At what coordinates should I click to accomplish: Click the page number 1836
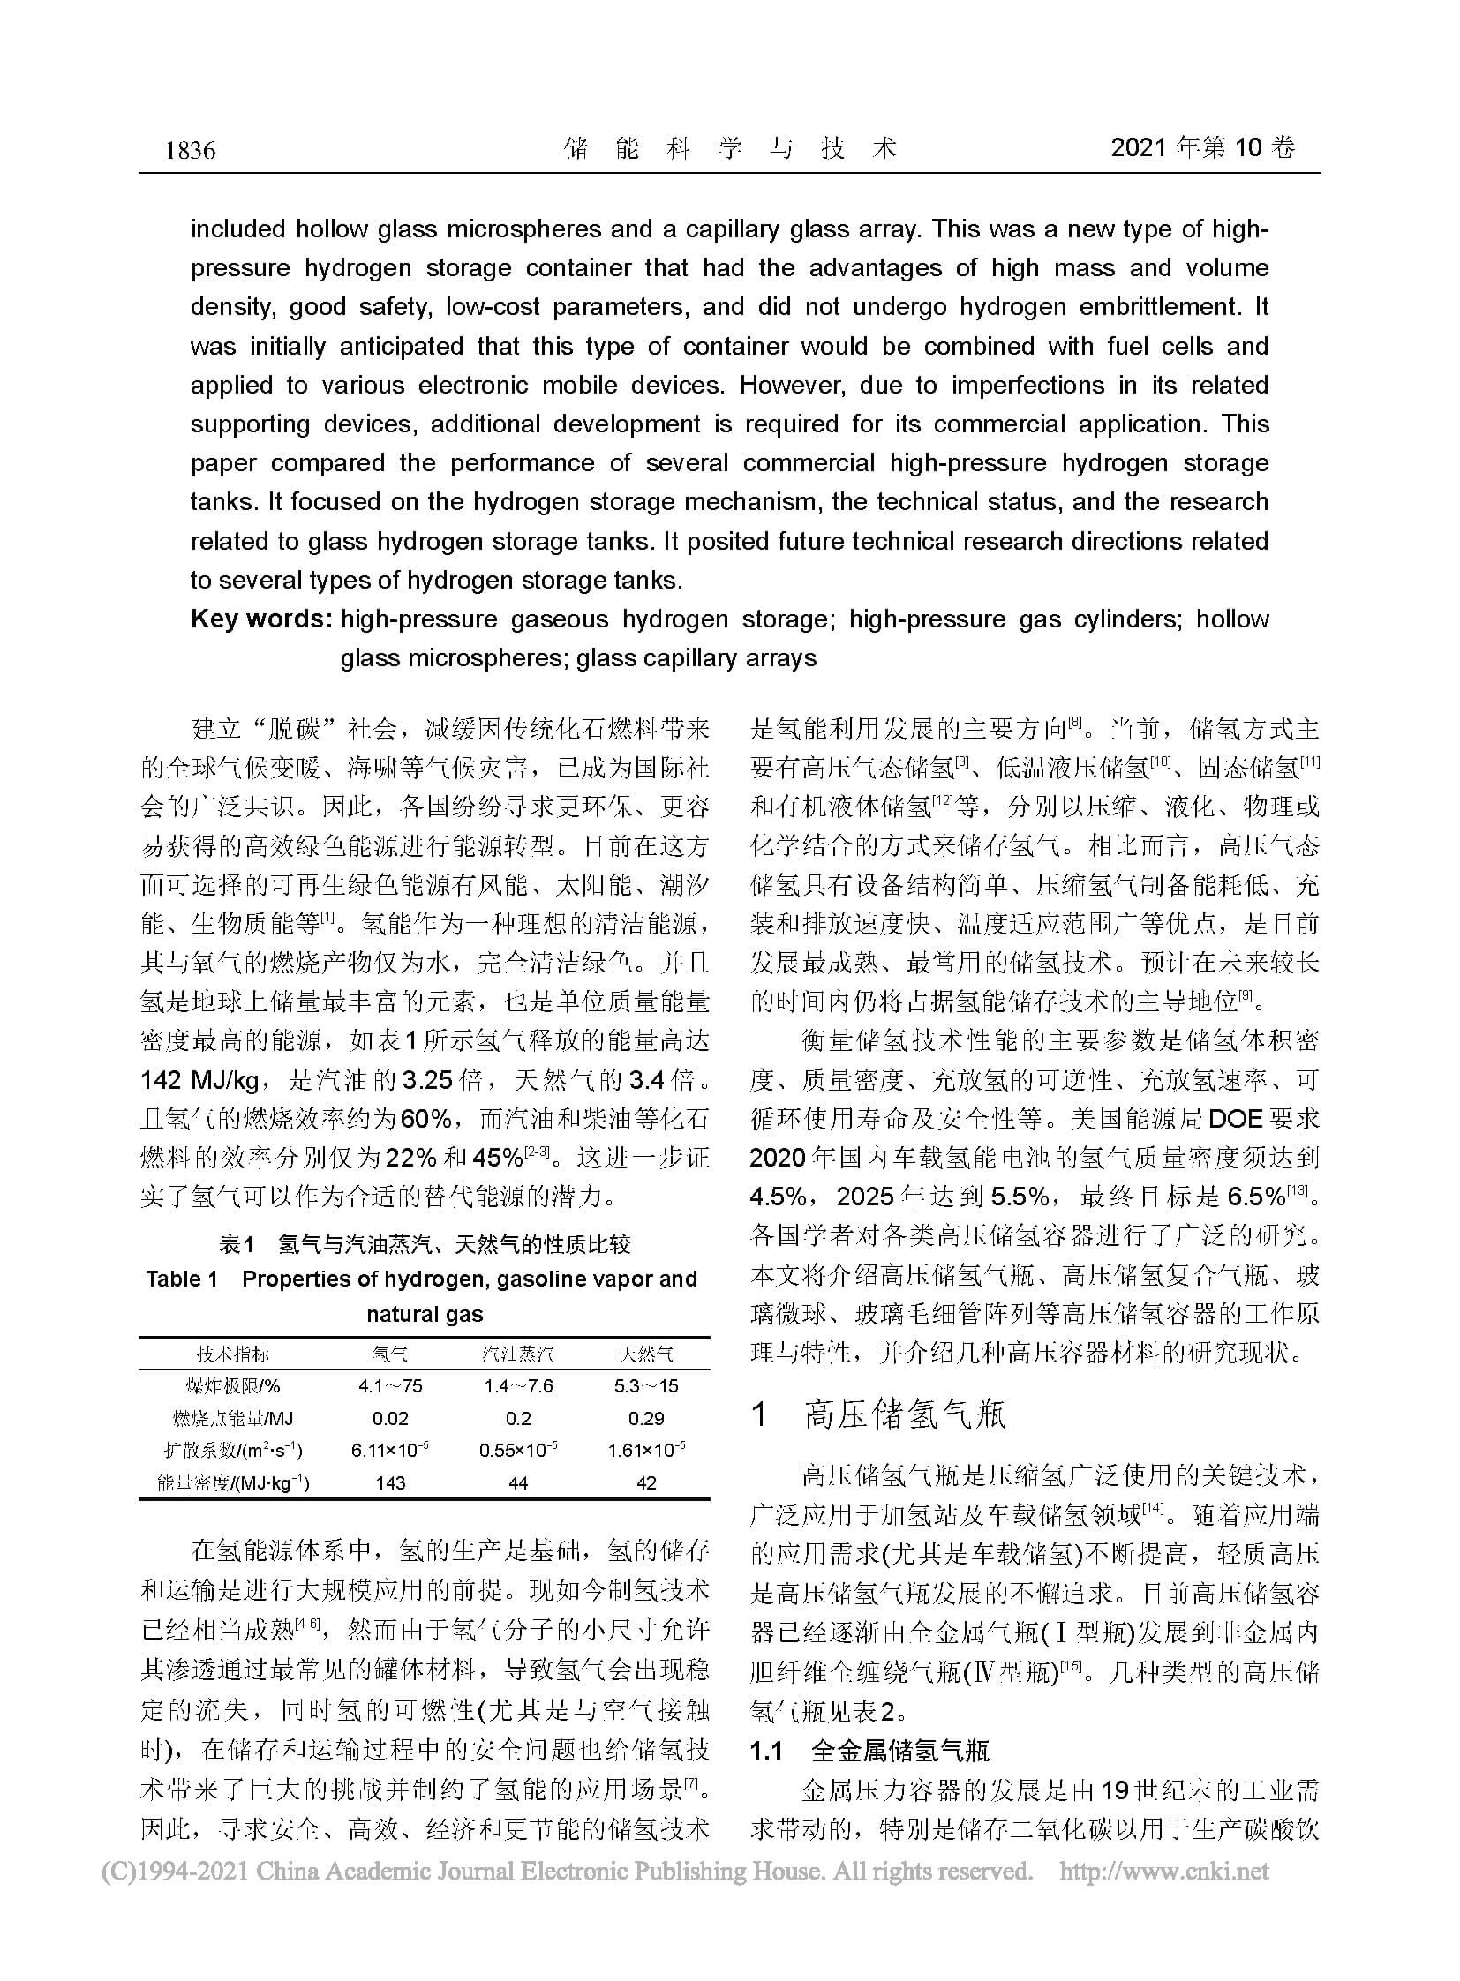coord(190,150)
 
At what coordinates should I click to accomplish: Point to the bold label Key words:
coord(260,619)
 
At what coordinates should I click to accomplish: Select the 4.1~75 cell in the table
coord(390,1385)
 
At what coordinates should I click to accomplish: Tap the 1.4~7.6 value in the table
coord(518,1385)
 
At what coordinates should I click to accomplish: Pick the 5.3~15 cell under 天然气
coord(646,1385)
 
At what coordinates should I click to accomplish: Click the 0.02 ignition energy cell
coord(390,1418)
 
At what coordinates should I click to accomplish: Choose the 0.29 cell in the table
coord(646,1418)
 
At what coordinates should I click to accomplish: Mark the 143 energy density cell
coord(390,1482)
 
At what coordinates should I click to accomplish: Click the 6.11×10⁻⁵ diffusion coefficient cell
coord(390,1450)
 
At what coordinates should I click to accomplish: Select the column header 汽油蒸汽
coord(518,1354)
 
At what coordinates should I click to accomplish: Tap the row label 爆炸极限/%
coord(233,1385)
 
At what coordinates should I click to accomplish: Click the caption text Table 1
coord(182,1279)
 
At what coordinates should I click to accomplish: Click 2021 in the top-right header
coord(1140,148)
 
